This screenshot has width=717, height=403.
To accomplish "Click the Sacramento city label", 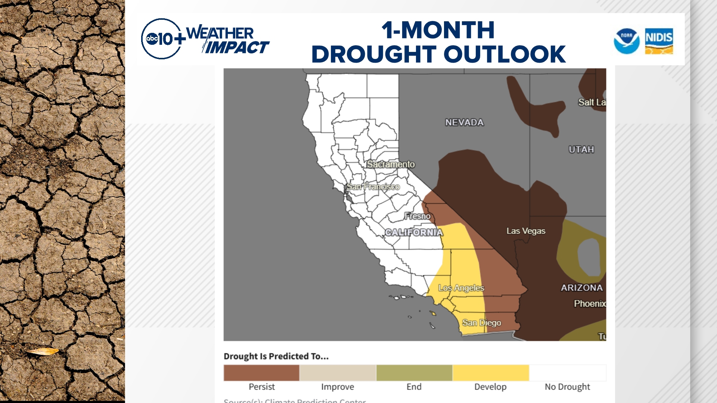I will point(391,164).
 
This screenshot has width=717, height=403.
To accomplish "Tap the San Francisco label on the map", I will point(373,187).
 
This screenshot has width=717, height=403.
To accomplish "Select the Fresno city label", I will point(418,216).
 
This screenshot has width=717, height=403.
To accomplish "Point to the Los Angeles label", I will point(461,288).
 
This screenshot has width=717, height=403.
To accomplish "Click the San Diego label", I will point(481,323).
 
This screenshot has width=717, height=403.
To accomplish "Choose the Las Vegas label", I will point(526,231).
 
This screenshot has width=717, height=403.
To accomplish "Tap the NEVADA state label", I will point(464,122).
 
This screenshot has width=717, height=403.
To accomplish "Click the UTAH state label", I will point(581,150).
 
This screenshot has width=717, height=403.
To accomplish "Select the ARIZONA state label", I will point(582,288).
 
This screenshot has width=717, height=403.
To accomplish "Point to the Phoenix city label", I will point(590,304).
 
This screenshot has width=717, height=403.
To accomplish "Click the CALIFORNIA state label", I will point(414,232).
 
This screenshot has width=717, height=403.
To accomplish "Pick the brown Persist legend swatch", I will point(261,373).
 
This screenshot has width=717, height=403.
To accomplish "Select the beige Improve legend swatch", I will point(338,373).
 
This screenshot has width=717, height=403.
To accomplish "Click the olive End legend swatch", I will point(414,373).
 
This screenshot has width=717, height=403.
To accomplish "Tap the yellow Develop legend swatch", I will point(491,373).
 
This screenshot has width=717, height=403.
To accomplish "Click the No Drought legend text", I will point(567,387).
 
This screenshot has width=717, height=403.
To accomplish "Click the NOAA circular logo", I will point(627,41).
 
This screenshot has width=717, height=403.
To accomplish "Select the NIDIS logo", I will point(659,41).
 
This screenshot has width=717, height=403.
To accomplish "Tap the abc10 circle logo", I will point(161,39).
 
